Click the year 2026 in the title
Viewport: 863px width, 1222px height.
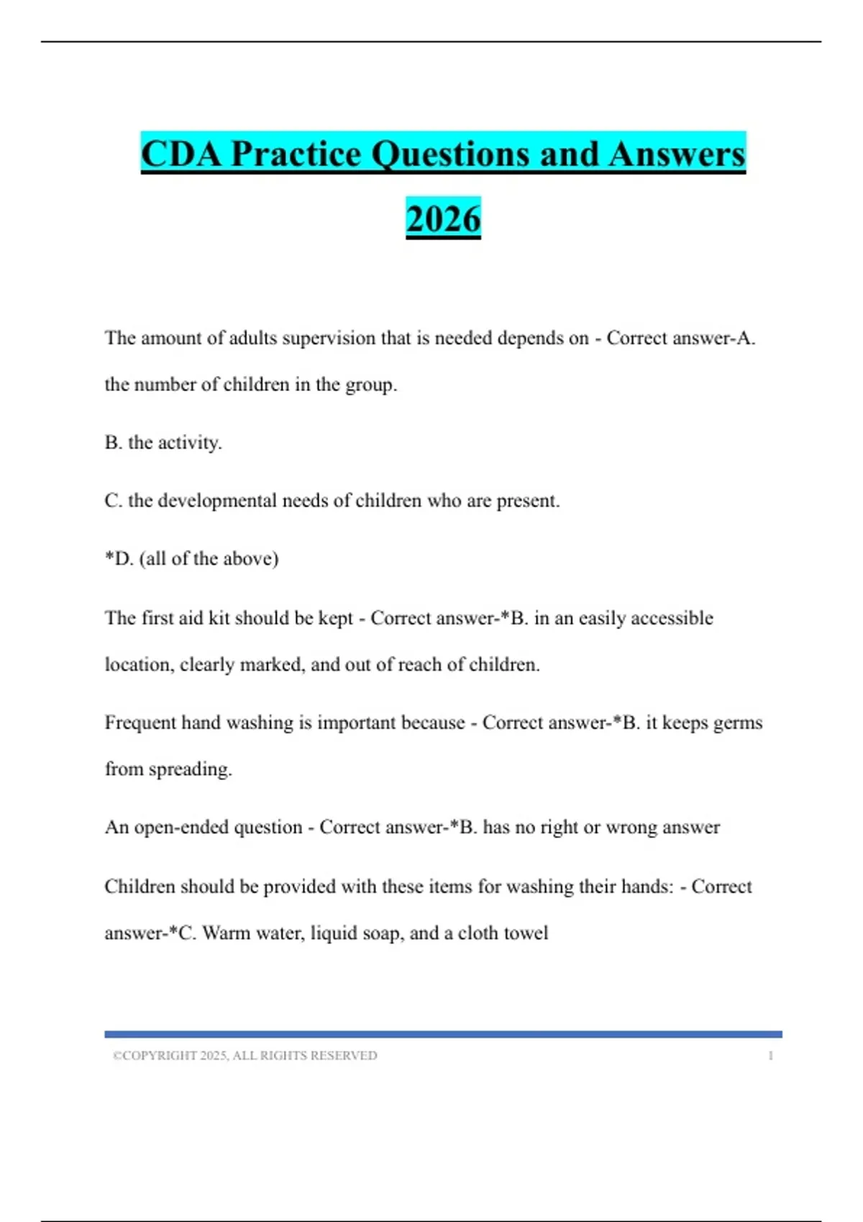pyautogui.click(x=443, y=219)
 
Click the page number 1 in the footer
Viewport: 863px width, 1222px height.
pyautogui.click(x=770, y=1055)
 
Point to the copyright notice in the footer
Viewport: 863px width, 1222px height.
pyautogui.click(x=245, y=1055)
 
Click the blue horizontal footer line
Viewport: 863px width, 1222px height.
pyautogui.click(x=443, y=1034)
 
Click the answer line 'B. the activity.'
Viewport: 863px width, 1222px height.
pyautogui.click(x=163, y=443)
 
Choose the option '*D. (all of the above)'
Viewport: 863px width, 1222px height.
pyautogui.click(x=191, y=559)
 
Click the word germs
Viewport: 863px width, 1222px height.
pyautogui.click(x=737, y=723)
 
